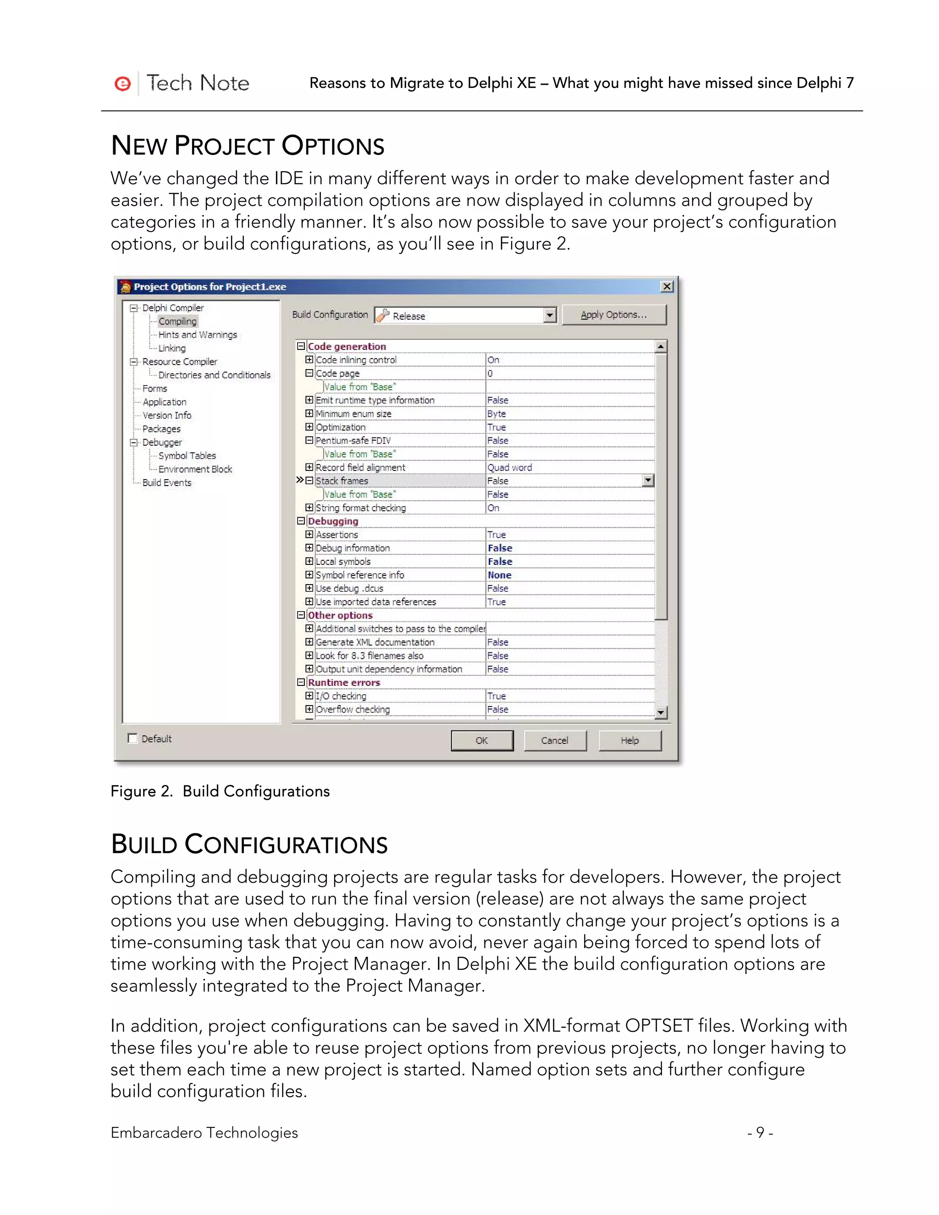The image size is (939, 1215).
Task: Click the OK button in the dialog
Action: [482, 740]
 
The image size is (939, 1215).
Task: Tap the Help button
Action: [630, 740]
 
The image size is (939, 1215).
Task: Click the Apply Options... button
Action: [613, 315]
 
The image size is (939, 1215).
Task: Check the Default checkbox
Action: [133, 738]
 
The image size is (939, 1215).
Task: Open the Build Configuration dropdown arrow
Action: [550, 315]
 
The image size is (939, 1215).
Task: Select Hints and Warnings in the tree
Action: [198, 335]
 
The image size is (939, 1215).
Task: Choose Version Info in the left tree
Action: [167, 415]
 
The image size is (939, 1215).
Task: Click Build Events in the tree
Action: [167, 483]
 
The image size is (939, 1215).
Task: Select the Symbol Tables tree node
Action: [187, 456]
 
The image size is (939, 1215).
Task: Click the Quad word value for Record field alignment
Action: [509, 468]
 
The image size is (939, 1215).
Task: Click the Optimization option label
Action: [341, 427]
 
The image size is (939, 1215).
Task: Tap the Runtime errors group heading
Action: [344, 683]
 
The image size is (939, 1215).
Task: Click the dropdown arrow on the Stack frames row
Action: [648, 480]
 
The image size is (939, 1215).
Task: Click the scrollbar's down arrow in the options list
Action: [661, 712]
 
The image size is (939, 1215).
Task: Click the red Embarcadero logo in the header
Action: [122, 83]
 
